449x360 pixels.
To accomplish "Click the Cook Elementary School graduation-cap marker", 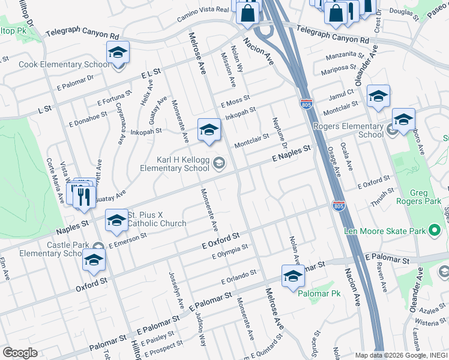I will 118,52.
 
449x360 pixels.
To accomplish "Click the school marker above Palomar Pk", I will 293,276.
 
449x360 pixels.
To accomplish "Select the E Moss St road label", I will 235,100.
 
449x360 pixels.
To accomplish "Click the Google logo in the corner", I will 20,353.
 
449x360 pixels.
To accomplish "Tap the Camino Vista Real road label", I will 203,14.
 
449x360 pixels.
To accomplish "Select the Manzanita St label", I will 345,57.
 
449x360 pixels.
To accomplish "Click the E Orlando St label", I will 238,276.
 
